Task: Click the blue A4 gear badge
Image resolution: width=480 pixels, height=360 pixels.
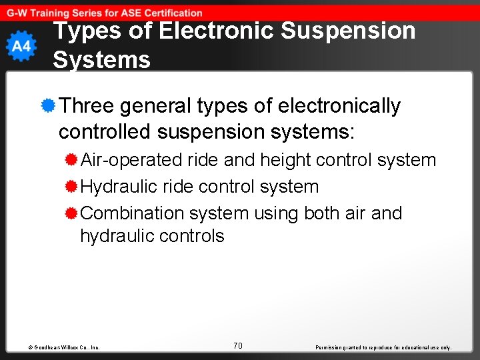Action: pos(21,47)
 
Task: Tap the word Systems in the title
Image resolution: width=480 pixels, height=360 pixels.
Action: pos(101,60)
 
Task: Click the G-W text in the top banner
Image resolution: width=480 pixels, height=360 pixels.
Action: pos(18,13)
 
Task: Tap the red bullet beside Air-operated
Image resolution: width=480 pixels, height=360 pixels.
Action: pos(71,160)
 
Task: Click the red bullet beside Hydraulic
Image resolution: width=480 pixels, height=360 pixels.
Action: pos(71,187)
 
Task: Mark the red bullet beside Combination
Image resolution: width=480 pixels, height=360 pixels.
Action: pos(71,213)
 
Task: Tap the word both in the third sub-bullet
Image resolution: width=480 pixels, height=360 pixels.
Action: pos(323,213)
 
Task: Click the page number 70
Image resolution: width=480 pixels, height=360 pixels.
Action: pos(238,345)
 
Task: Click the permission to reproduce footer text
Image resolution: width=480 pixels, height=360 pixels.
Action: pos(383,347)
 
